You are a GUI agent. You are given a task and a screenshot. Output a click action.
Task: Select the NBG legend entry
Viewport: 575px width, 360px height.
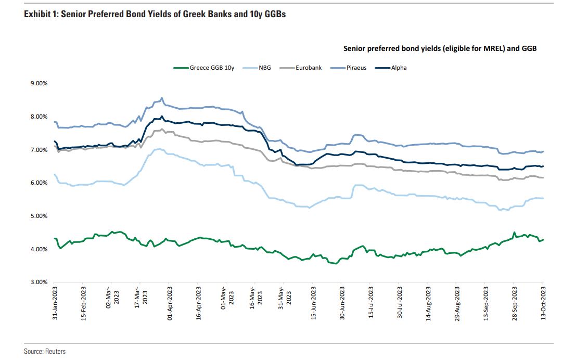265,68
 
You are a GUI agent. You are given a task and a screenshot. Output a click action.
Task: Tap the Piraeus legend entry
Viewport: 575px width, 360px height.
356,68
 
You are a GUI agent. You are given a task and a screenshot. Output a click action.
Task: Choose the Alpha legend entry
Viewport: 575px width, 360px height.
399,68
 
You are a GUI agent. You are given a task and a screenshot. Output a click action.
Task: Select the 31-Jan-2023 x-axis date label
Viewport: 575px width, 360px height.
55,302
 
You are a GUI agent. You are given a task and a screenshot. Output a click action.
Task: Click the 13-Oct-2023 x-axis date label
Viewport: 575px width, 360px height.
543,302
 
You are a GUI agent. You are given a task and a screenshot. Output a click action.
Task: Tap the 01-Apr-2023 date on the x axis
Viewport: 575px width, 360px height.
169,302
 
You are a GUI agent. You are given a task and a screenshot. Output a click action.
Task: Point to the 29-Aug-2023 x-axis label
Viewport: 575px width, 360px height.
456,302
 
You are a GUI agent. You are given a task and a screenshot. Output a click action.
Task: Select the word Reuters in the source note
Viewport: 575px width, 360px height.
56,352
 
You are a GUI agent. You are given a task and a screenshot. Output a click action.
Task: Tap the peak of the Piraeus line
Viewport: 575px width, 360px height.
162,98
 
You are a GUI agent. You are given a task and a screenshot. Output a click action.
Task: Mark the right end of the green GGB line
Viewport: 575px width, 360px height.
543,239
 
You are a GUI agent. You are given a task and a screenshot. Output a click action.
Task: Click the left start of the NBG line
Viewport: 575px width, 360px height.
54,174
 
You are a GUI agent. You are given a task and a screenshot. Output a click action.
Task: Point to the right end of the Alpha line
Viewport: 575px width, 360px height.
543,166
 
